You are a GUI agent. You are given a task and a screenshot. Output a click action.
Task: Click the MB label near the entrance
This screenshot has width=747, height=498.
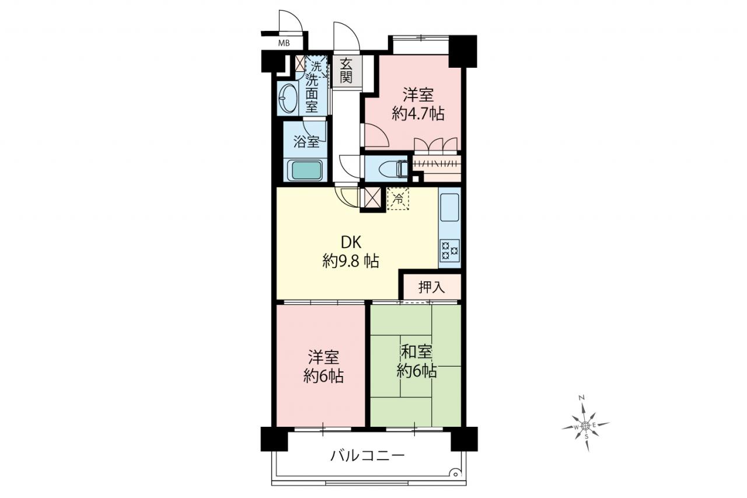point(284,43)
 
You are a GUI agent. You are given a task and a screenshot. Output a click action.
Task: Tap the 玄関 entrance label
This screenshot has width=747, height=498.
point(347,71)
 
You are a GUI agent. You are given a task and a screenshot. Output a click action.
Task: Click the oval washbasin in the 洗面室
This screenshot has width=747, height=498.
point(288,99)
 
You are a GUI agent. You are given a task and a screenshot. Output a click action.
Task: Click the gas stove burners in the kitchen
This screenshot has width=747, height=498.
point(450,250)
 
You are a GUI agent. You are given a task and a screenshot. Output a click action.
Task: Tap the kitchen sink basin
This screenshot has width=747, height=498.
point(449,207)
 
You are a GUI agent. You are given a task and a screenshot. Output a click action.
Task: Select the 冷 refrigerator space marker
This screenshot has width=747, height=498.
point(398,199)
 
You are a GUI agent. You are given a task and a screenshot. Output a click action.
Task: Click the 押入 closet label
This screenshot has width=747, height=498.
point(432,287)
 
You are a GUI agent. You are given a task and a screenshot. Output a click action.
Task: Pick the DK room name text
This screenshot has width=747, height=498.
point(351,242)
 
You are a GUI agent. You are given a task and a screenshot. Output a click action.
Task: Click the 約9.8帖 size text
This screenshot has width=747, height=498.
point(351,261)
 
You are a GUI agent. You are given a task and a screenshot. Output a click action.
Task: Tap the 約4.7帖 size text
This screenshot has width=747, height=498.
point(418,114)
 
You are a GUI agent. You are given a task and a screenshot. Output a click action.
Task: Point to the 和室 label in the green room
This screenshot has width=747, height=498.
point(417,352)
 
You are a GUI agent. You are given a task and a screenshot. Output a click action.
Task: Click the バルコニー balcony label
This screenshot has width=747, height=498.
point(368,455)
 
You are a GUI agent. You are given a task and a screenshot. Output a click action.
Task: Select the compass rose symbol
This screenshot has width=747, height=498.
point(585,425)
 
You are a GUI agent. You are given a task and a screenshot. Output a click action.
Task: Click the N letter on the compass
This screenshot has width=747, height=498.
point(582,398)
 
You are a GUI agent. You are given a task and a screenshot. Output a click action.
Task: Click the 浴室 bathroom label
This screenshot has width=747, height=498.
point(306,142)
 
